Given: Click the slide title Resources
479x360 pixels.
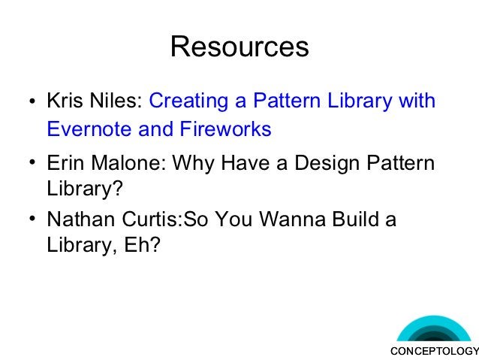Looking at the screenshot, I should click(x=239, y=47).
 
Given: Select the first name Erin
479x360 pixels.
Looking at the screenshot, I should click(x=65, y=163).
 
